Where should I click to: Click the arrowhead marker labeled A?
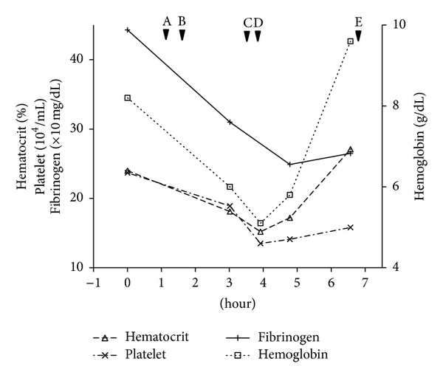click(x=166, y=35)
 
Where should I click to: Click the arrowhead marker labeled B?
click(x=182, y=35)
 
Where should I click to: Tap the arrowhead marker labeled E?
click(x=358, y=35)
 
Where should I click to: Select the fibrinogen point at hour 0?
click(x=128, y=30)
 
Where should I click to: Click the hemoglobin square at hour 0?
click(x=128, y=97)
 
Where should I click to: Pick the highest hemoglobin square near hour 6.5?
click(x=350, y=41)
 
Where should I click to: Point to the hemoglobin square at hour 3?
click(x=230, y=187)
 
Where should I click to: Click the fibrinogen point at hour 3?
click(x=230, y=122)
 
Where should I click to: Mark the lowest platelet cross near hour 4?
click(x=261, y=243)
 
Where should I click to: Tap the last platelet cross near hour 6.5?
click(x=350, y=227)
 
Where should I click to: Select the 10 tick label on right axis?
click(x=395, y=24)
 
